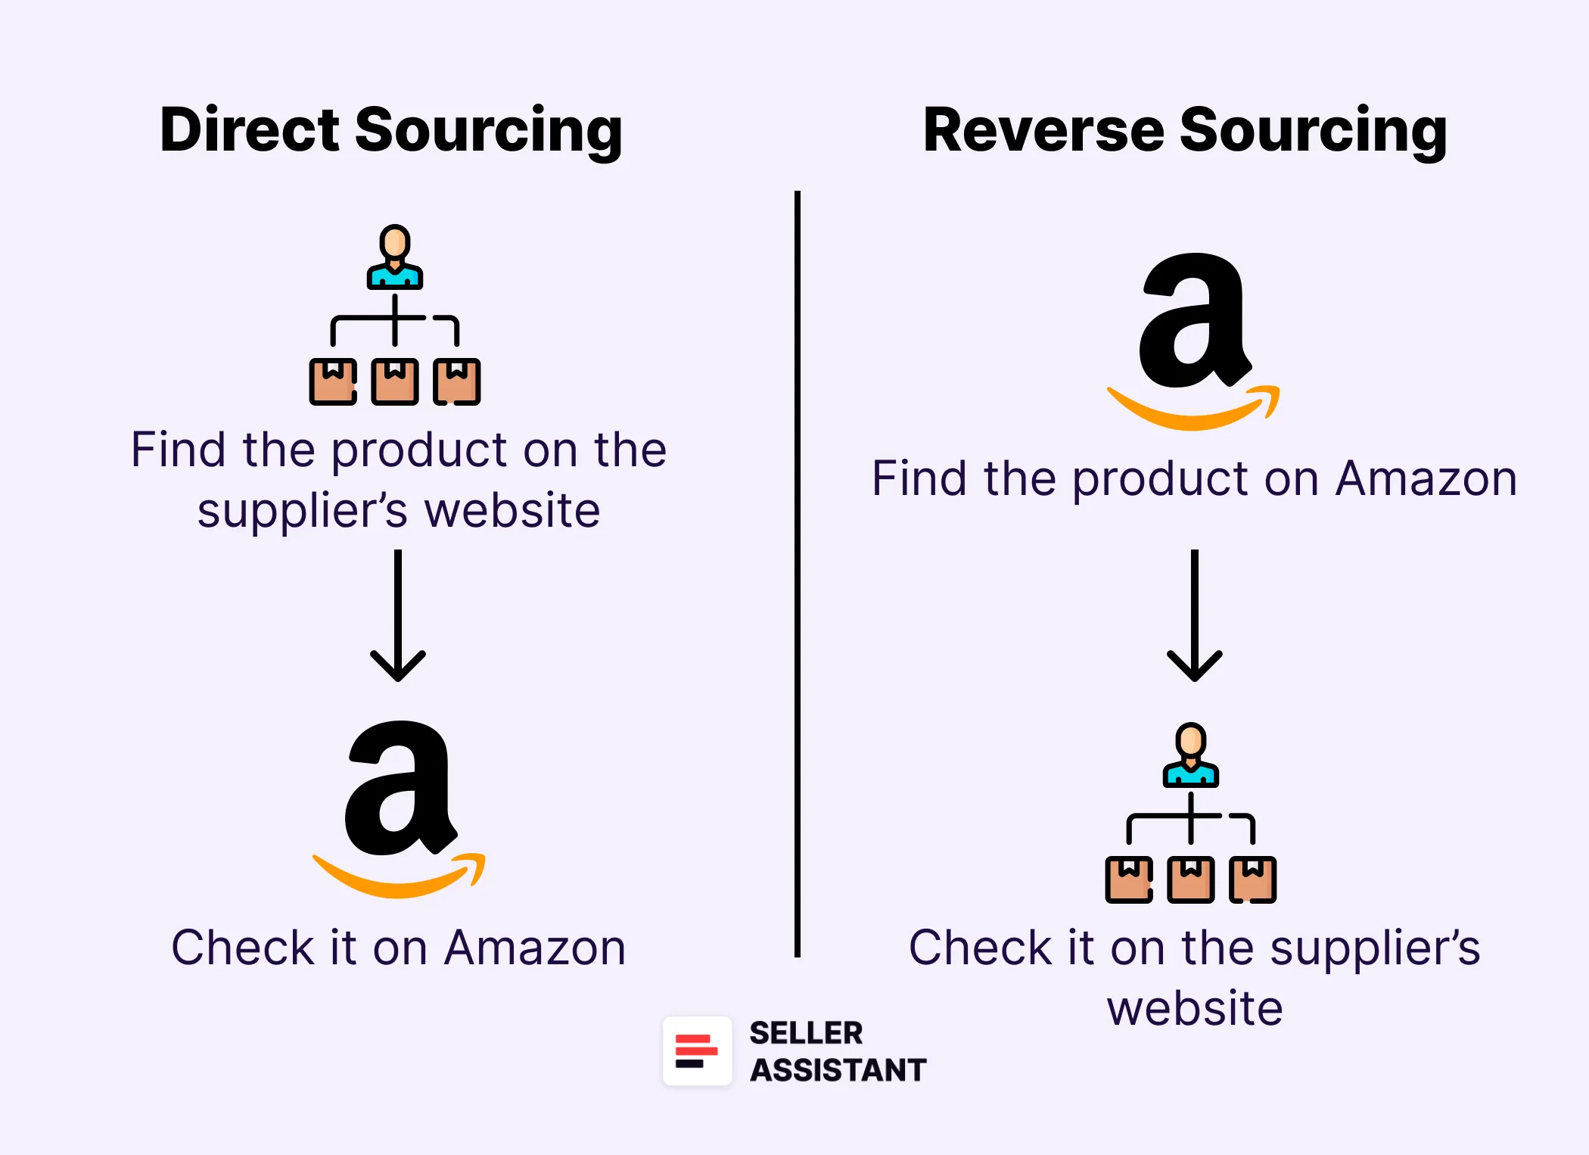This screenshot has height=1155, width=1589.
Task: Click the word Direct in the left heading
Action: click(250, 130)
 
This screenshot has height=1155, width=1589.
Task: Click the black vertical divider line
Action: click(798, 575)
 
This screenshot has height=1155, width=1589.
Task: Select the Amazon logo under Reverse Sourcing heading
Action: click(1193, 341)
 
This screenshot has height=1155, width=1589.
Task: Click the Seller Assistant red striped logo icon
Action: click(697, 1051)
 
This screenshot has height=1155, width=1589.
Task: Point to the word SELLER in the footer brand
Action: click(806, 1033)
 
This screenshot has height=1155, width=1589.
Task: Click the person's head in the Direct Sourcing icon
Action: click(395, 242)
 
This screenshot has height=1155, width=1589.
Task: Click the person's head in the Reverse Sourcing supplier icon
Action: click(1191, 740)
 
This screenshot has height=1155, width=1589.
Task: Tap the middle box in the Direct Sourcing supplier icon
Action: click(395, 381)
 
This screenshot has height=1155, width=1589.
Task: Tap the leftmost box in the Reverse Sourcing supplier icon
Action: click(1129, 879)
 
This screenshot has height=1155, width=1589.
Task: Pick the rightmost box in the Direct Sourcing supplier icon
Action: click(457, 381)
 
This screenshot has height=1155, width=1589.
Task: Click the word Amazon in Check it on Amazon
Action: click(535, 948)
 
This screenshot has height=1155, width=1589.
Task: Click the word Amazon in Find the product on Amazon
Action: click(1426, 479)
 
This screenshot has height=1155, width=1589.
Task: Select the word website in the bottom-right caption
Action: click(1195, 1009)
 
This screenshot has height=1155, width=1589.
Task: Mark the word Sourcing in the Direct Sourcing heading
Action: click(488, 130)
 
